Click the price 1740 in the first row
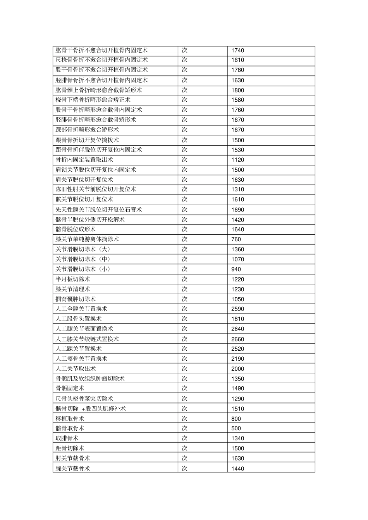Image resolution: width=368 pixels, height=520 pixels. pos(237,50)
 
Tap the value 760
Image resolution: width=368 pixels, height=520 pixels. pos(236,239)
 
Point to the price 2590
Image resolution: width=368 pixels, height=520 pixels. pos(237,309)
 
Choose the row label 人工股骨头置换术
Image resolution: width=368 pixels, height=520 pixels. pos(79,319)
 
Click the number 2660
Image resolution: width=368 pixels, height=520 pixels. pos(237,339)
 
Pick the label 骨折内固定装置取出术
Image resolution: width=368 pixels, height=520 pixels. pos(84,160)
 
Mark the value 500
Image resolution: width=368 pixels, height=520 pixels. pos(236,428)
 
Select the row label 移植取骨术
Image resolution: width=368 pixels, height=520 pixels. pos(70,419)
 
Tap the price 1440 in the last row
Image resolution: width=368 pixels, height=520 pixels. pos(237,469)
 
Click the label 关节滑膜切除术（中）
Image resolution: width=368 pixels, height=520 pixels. pos(83,259)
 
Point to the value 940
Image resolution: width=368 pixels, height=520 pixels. pos(236,269)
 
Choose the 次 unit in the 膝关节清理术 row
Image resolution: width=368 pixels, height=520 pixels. pos(185,289)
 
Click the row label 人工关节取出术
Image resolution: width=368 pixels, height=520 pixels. pos(76,369)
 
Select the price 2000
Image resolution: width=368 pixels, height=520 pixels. pos(237,369)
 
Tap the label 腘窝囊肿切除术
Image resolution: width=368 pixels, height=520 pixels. pos(76,299)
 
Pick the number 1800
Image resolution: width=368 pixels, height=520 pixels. pos(237,90)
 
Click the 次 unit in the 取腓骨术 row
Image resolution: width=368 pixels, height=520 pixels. pos(185,438)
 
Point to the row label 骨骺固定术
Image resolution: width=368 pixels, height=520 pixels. pos(70,389)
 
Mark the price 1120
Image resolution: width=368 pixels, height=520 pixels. pos(237,160)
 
